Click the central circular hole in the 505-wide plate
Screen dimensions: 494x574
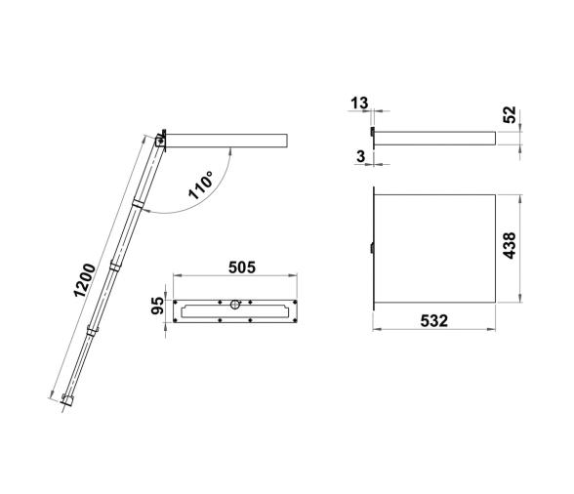[235, 307]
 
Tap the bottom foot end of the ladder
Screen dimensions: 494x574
[66, 399]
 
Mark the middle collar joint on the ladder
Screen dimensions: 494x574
[114, 264]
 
